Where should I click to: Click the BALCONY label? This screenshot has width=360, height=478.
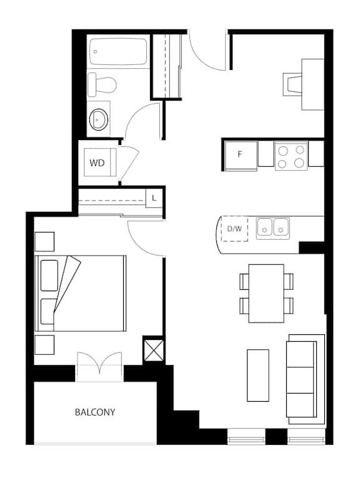click(x=95, y=412)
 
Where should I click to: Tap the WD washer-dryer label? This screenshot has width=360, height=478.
click(x=97, y=163)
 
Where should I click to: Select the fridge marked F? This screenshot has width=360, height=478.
click(x=241, y=156)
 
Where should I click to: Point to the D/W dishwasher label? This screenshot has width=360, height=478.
click(x=234, y=228)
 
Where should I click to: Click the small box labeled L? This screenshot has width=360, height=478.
click(x=154, y=199)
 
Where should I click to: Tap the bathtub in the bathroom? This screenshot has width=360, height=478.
click(x=118, y=51)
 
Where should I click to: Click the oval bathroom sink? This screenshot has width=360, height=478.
click(x=99, y=119)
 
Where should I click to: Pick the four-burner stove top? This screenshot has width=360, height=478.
click(x=291, y=156)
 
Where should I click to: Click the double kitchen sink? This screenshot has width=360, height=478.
click(x=273, y=228)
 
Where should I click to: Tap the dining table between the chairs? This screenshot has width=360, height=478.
click(x=266, y=293)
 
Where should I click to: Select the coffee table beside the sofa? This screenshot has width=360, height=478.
click(x=258, y=376)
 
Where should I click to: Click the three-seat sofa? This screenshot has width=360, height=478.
click(x=306, y=379)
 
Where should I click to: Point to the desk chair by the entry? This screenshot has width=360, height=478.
click(x=292, y=84)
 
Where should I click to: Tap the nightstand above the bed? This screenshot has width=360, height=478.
click(x=44, y=242)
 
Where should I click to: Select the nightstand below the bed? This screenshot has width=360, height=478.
click(x=44, y=345)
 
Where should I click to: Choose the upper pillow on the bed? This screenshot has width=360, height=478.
click(x=49, y=276)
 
